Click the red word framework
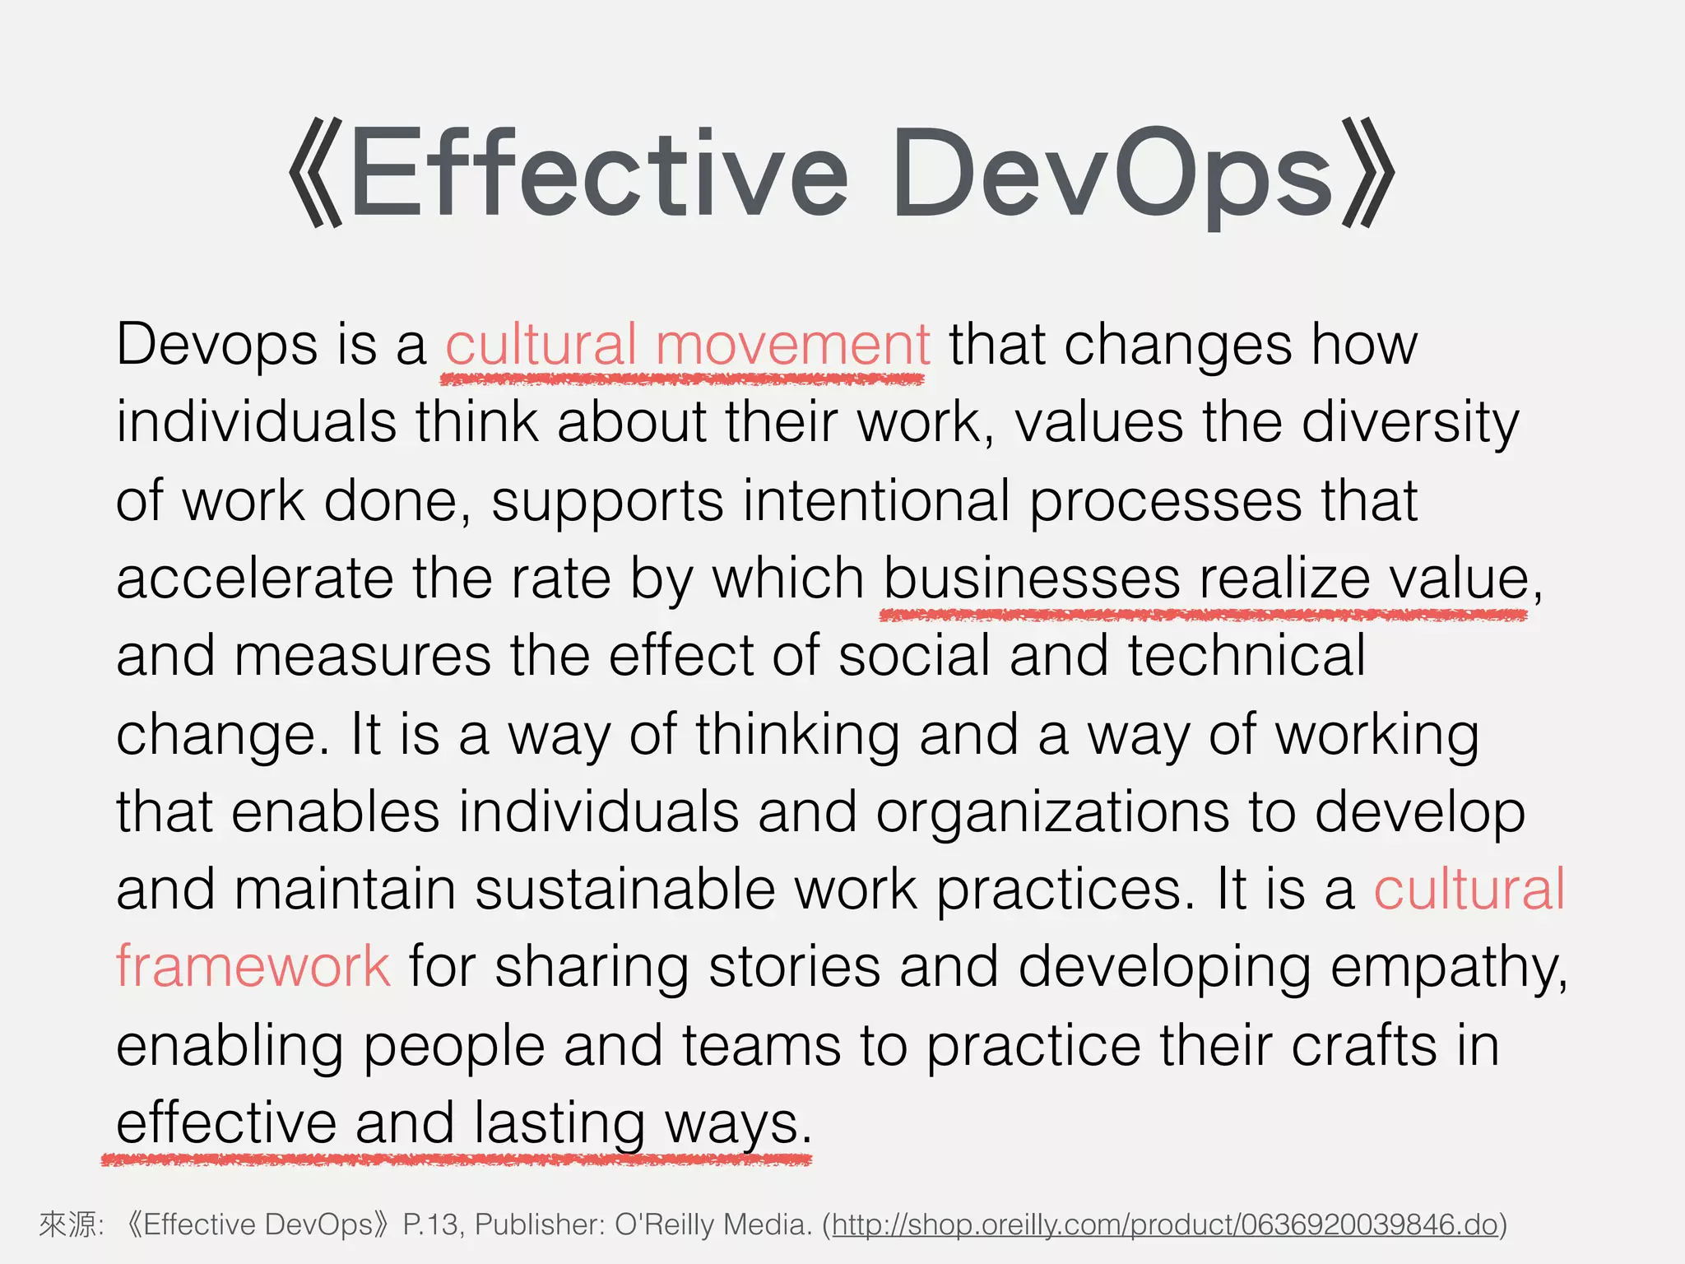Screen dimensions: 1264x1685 [253, 966]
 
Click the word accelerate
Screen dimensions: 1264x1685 [255, 578]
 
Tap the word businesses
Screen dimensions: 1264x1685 [1032, 578]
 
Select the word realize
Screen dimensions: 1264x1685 [1284, 578]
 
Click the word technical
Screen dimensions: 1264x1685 [1246, 656]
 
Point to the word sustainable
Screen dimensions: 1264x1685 [625, 890]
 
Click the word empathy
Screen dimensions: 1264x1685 [1448, 968]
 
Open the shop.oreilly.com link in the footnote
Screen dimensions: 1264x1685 [1164, 1224]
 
